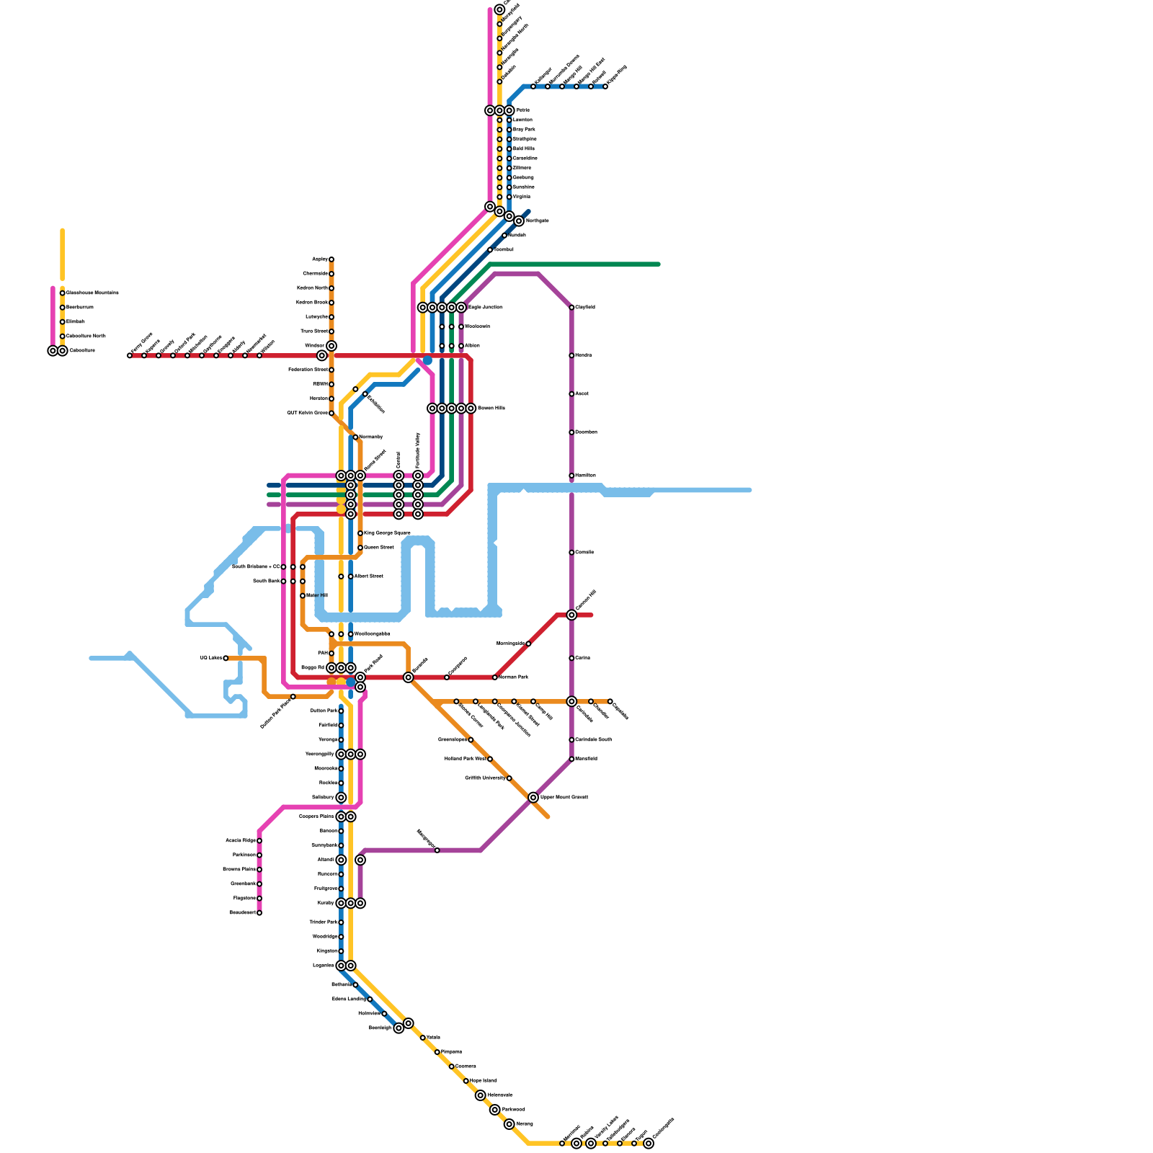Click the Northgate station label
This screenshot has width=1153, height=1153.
(x=537, y=221)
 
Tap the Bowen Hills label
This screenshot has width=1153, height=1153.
(x=491, y=409)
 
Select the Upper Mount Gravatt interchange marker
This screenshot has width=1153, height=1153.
(x=533, y=798)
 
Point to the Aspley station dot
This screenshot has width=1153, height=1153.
(x=331, y=259)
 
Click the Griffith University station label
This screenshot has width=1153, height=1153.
(x=485, y=778)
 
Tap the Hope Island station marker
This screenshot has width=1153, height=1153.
(x=466, y=1081)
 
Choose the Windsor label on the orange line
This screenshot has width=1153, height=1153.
(x=314, y=346)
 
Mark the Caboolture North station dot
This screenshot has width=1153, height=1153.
(x=63, y=337)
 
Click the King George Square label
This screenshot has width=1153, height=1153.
(x=387, y=533)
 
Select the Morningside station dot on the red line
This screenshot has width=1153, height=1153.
(x=528, y=644)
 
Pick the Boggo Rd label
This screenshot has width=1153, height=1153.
(x=313, y=668)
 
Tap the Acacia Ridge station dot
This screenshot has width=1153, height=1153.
(x=259, y=841)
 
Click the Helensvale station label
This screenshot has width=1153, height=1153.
(x=499, y=1095)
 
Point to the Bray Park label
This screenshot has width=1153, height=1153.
(x=524, y=130)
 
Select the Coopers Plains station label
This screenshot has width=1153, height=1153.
(x=316, y=816)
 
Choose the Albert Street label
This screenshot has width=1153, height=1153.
(x=368, y=576)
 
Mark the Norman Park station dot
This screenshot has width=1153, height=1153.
(x=495, y=677)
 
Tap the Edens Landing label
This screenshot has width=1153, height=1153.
(x=350, y=1000)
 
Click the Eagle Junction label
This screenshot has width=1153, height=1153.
(x=485, y=308)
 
